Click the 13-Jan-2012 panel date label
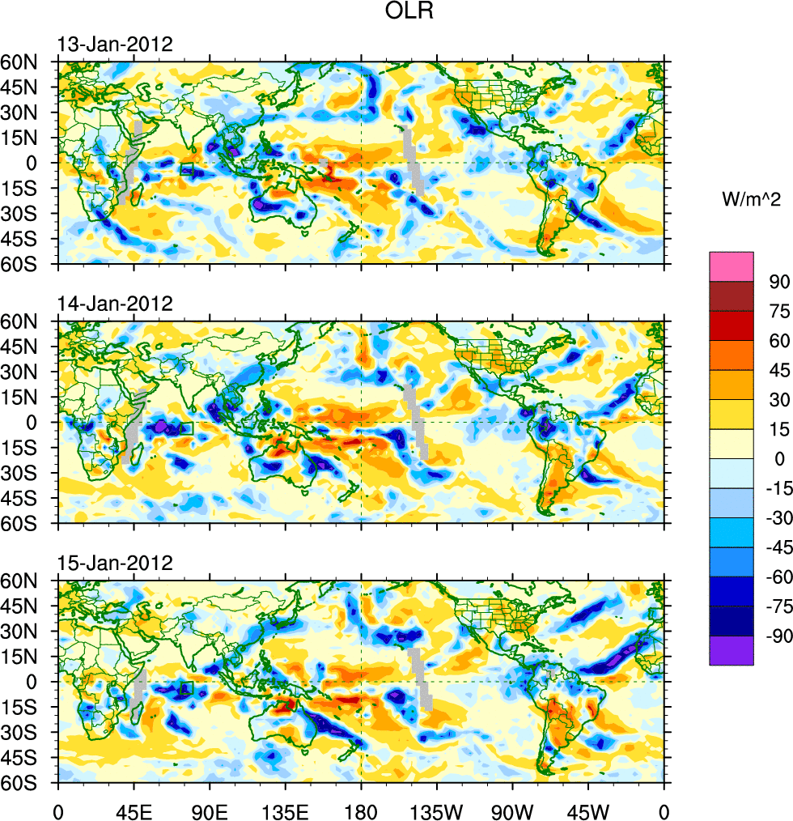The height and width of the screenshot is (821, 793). point(114,45)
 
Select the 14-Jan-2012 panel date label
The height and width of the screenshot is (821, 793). point(114,304)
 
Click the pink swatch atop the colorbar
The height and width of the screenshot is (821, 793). point(732,266)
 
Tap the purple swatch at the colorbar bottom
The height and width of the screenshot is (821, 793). point(732,650)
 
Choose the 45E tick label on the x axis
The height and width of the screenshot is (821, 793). point(134,809)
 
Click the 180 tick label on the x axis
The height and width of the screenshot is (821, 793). point(361,809)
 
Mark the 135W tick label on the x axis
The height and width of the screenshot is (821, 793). point(437,809)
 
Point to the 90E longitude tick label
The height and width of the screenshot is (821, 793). point(210,809)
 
